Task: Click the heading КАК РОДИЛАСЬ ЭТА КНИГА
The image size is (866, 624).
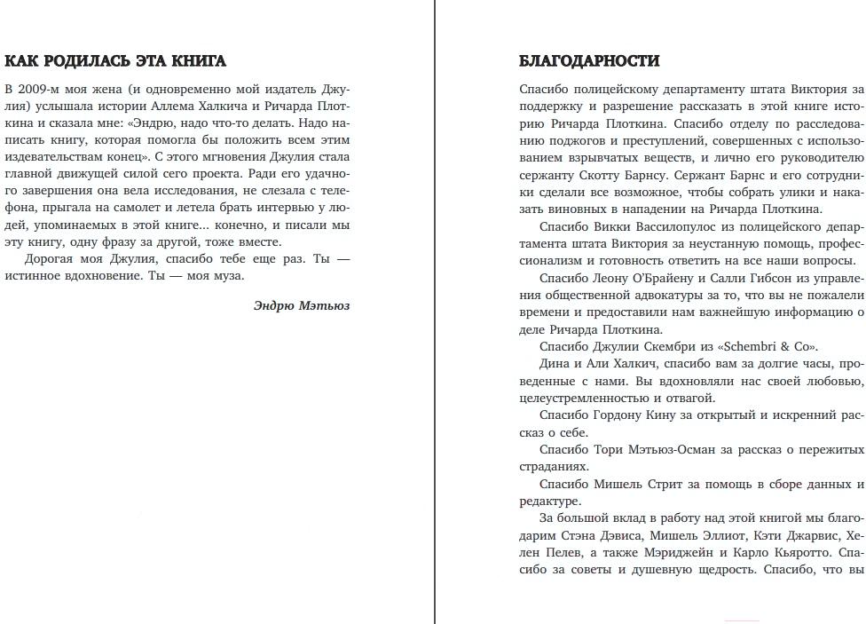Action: click(x=115, y=61)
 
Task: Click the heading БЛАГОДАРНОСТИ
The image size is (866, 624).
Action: click(x=589, y=61)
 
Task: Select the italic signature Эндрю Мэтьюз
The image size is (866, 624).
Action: click(x=302, y=305)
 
